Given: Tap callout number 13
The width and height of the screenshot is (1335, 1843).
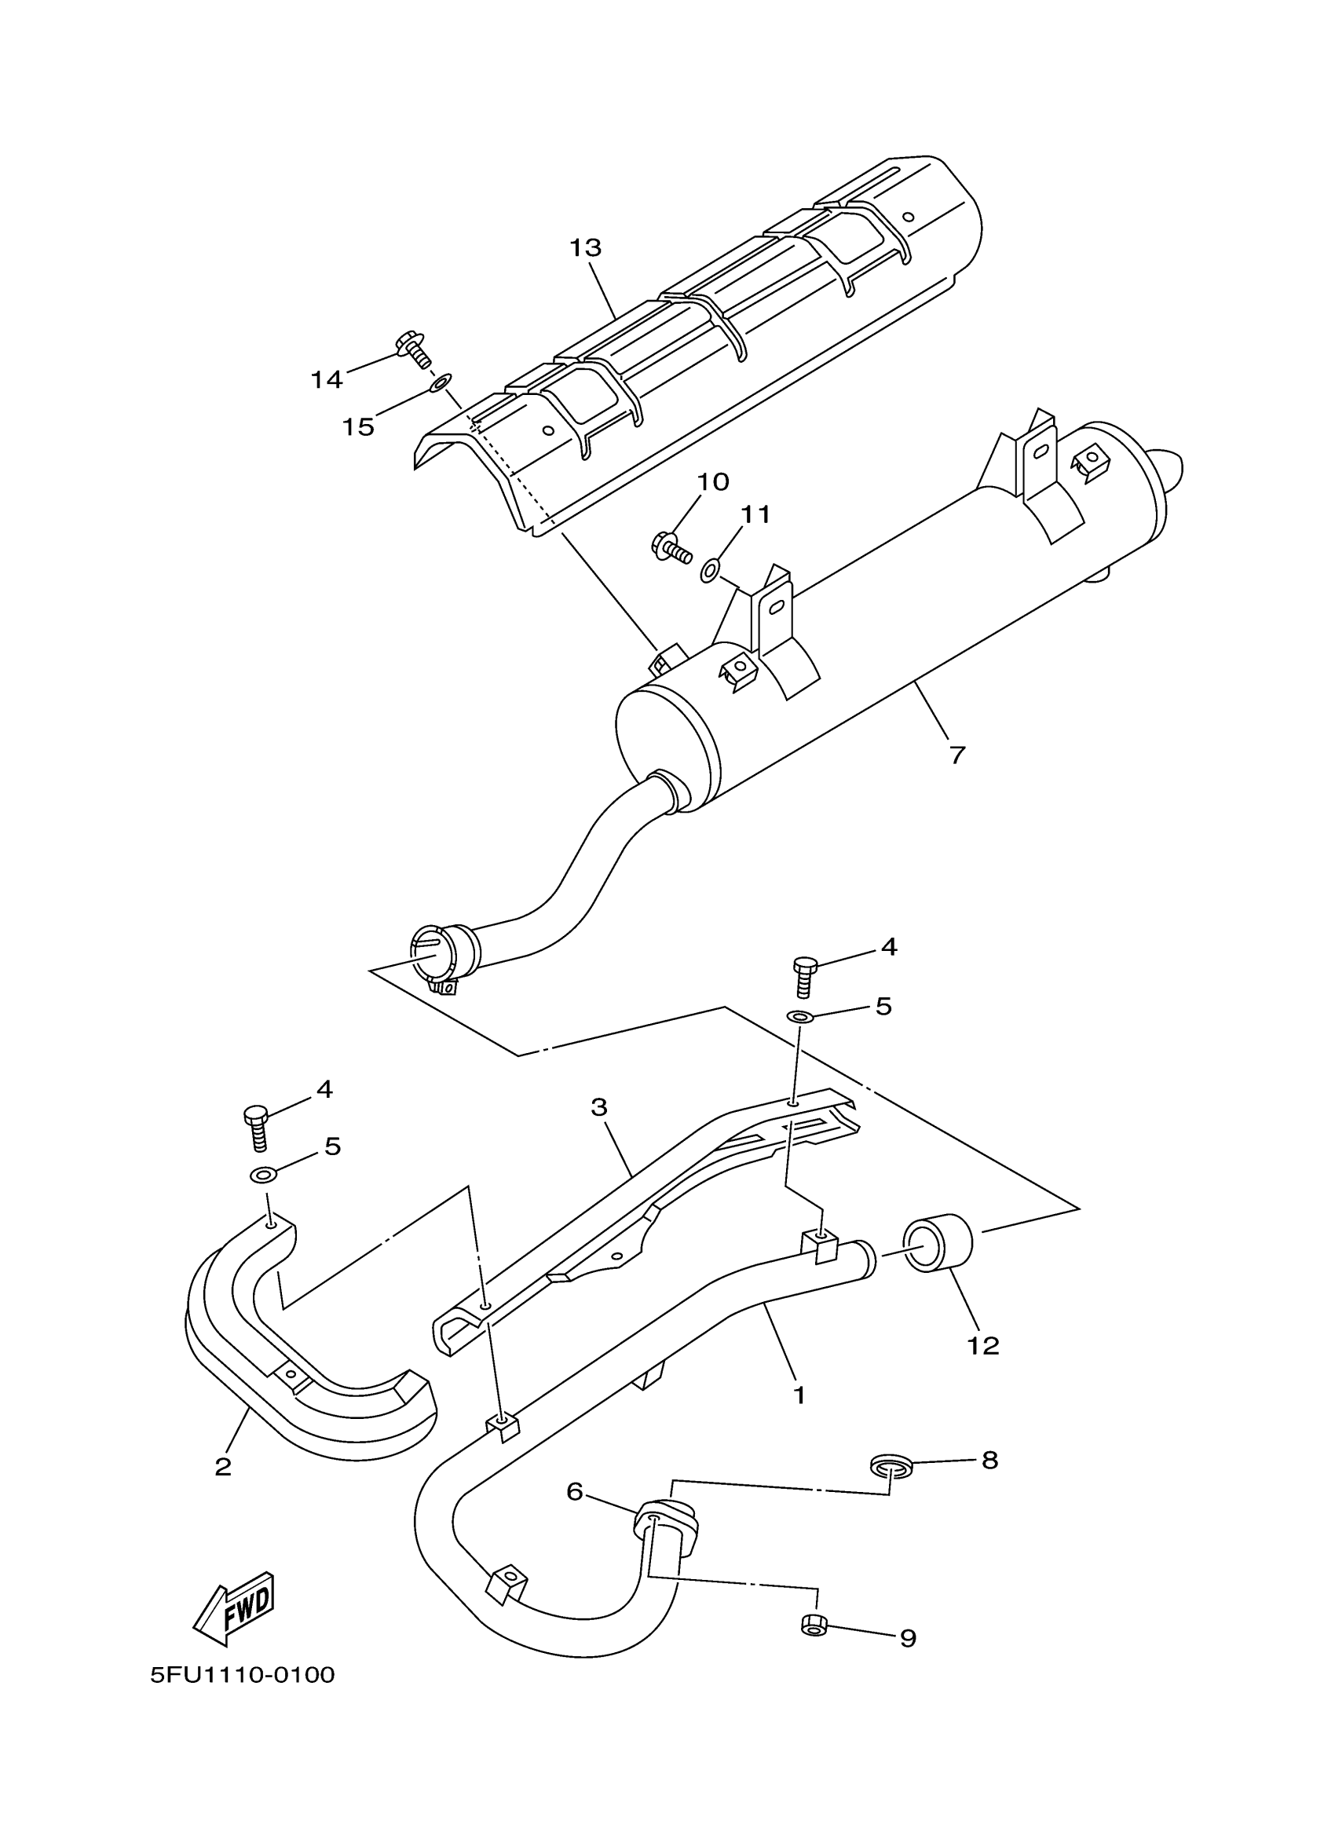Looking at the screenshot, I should [585, 248].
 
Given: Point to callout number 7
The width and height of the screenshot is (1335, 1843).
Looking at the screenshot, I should [957, 755].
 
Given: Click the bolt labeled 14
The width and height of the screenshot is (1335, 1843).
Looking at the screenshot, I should [413, 350].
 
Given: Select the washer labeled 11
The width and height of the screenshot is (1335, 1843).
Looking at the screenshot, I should [709, 569].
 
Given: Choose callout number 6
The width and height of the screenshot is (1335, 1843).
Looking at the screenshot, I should [575, 1492].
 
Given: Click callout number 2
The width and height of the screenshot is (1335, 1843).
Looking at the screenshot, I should [223, 1466].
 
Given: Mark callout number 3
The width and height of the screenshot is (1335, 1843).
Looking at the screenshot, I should [599, 1106].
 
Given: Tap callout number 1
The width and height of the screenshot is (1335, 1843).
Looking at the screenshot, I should [799, 1395].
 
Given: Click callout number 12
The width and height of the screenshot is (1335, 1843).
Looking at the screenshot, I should [982, 1346].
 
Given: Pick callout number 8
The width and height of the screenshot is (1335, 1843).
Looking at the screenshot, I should [989, 1461].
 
